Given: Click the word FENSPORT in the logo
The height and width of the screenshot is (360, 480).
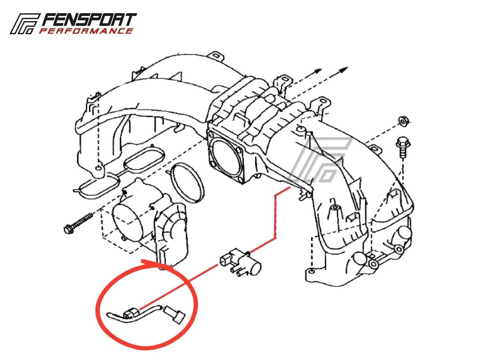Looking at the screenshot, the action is pyautogui.click(x=89, y=20).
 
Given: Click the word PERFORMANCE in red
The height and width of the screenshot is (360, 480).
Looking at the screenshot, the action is pyautogui.click(x=86, y=31).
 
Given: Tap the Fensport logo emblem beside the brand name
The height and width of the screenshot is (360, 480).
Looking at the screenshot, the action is pyautogui.click(x=24, y=23).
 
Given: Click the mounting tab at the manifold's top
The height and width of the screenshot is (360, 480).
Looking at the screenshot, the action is pyautogui.click(x=216, y=56).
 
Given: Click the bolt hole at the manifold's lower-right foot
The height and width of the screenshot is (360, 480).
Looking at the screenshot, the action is pyautogui.click(x=311, y=271).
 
